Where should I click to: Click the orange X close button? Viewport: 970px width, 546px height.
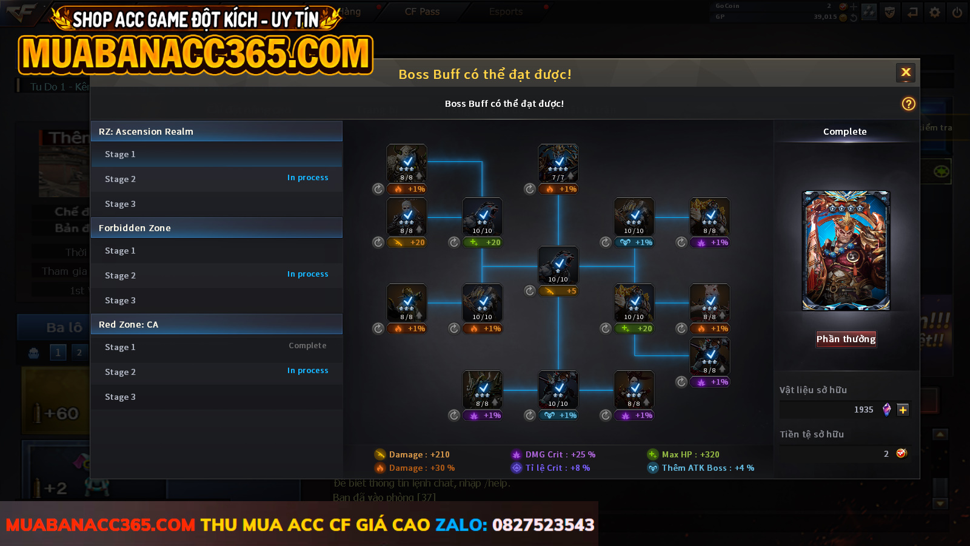[906, 73]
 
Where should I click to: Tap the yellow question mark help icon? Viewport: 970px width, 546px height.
[908, 104]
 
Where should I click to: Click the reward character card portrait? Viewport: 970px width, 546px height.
[846, 251]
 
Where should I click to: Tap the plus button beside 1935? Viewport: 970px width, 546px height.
[903, 409]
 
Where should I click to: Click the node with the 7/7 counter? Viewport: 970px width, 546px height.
[558, 163]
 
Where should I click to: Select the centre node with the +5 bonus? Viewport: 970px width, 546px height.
[558, 265]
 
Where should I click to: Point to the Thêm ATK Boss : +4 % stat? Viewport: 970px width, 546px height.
[707, 468]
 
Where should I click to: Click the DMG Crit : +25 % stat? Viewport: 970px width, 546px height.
[560, 454]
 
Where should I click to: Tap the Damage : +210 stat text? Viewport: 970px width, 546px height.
[419, 454]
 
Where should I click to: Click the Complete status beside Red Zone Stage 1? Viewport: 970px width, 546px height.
[307, 346]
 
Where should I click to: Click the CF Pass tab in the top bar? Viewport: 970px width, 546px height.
[422, 12]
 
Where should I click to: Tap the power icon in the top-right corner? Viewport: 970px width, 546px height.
[957, 12]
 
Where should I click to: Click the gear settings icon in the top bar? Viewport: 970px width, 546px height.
[935, 12]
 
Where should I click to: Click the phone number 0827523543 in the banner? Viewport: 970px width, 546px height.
[543, 525]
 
